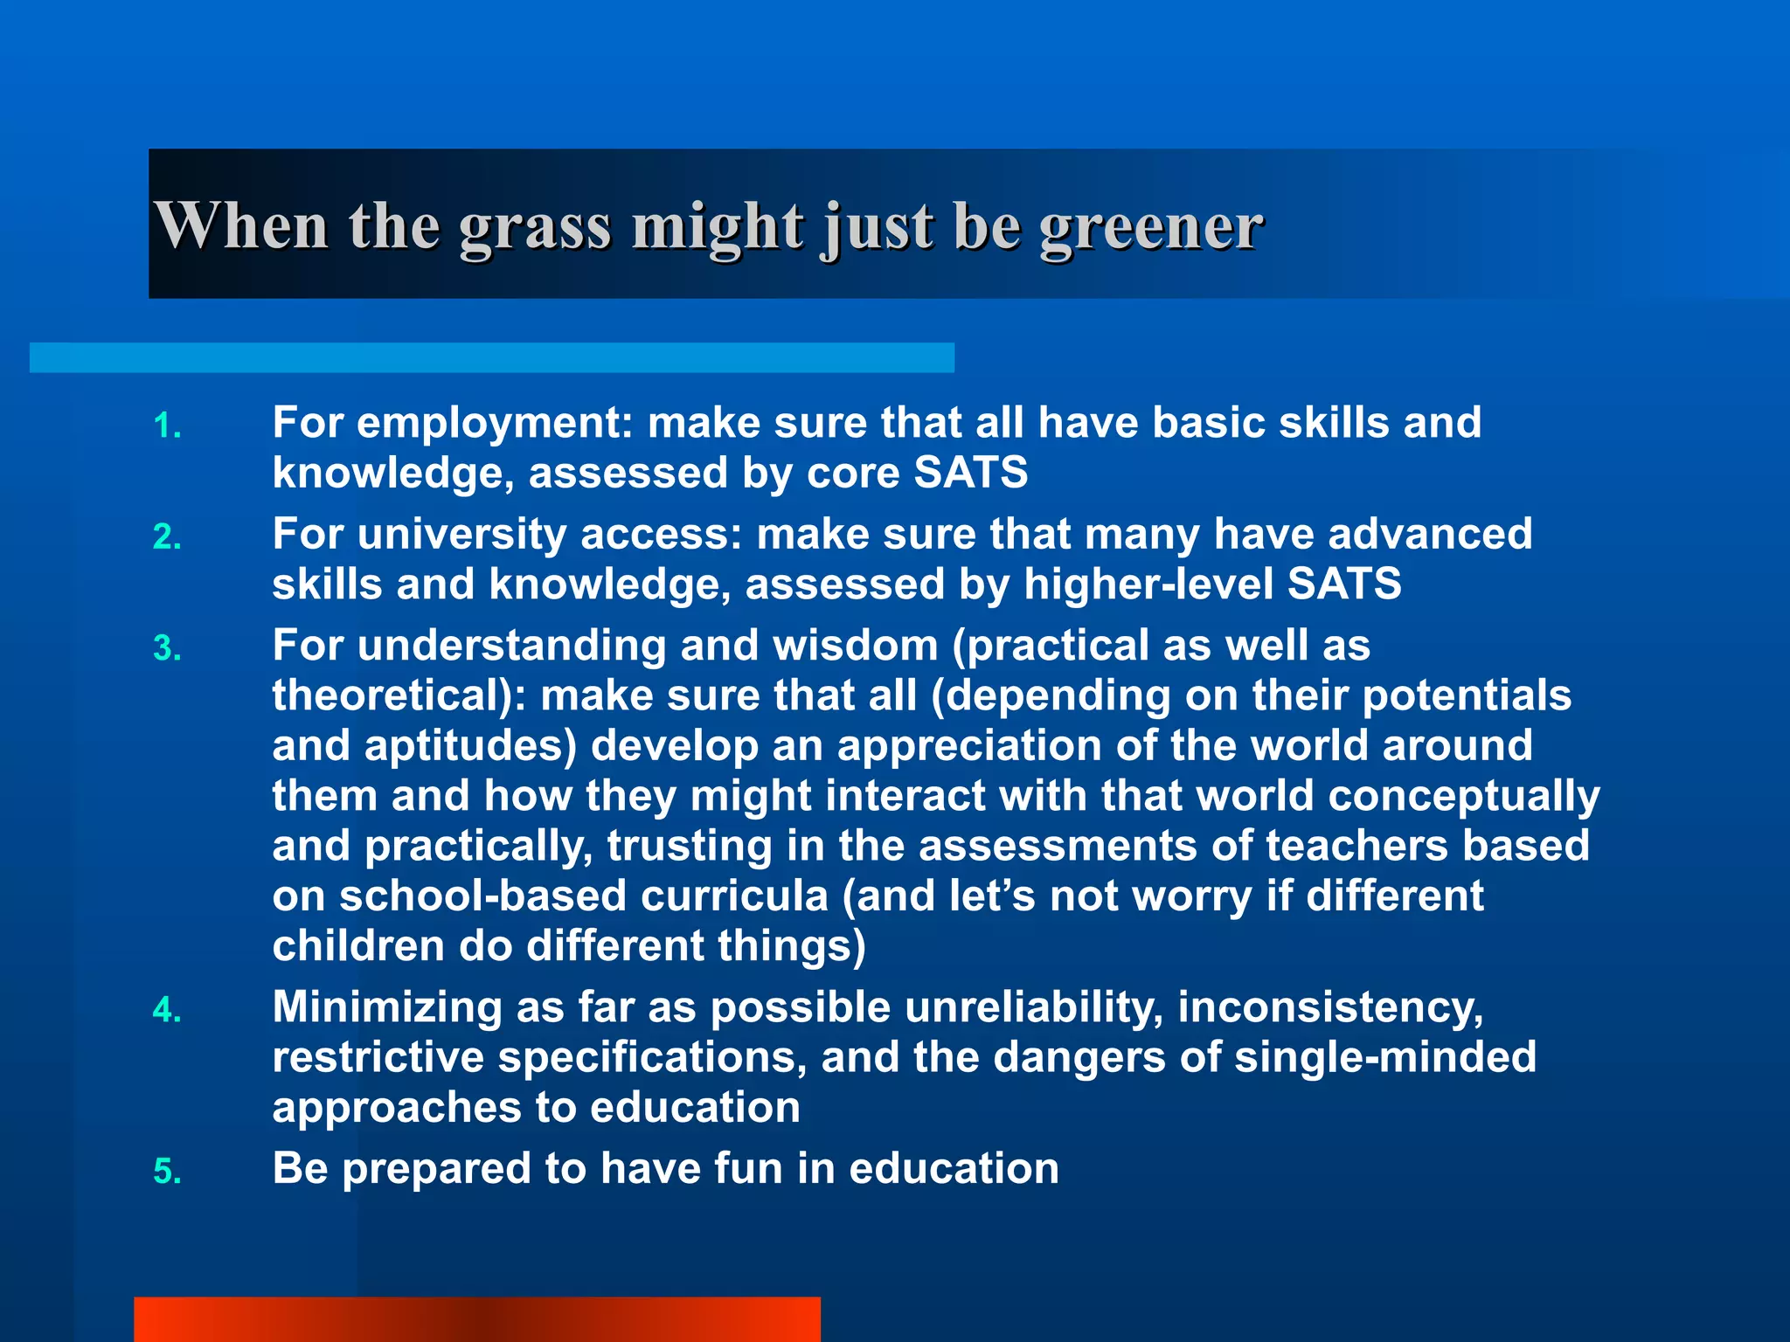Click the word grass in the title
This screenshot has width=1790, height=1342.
[534, 229]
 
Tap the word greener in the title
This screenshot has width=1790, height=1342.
[1151, 229]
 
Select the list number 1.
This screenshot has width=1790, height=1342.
[166, 427]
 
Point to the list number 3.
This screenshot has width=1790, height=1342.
[166, 649]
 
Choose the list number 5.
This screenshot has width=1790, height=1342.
[166, 1172]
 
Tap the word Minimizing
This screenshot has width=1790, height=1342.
[387, 1007]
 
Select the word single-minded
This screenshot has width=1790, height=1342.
[1384, 1057]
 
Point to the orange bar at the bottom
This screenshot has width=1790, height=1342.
[477, 1319]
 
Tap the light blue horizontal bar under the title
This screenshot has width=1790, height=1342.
[491, 357]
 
